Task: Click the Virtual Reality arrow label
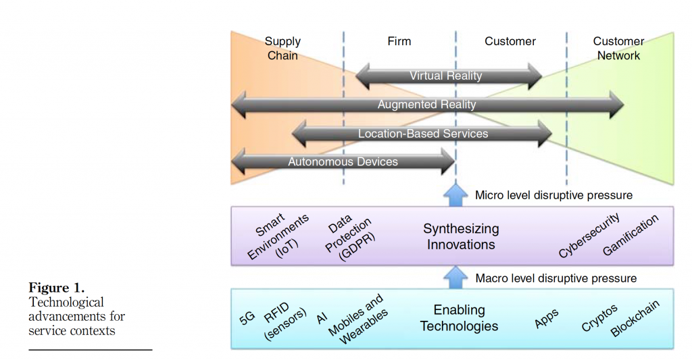coord(446,76)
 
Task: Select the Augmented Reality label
coord(426,105)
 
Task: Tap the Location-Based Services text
coord(423,134)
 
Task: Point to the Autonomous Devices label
coord(343,161)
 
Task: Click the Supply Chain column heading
coord(282,48)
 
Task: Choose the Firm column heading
coord(399,41)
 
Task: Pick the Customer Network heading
coord(618,48)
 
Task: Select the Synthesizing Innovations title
coord(461,236)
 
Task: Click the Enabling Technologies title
coord(459,318)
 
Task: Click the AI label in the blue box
coord(322,317)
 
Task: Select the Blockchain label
coord(635,319)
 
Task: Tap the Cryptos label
coord(599,318)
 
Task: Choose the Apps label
coord(546,319)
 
